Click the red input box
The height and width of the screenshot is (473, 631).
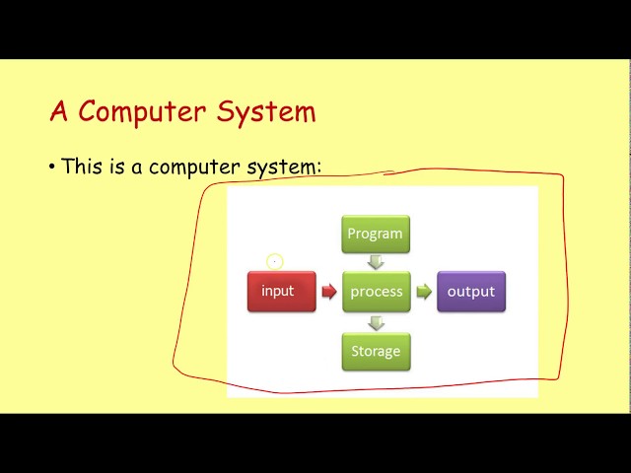pos(281,292)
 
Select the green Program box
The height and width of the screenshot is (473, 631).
pos(376,234)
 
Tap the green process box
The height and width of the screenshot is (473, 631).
pos(376,292)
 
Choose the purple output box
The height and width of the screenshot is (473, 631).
pos(470,292)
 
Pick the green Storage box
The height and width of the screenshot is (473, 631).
pos(376,351)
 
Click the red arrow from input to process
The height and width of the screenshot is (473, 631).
pos(329,292)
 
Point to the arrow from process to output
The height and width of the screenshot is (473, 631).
pos(423,292)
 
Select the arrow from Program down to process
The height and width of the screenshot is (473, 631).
pos(376,262)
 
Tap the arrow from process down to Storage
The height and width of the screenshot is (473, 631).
pos(376,321)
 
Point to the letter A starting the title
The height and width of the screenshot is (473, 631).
pos(58,111)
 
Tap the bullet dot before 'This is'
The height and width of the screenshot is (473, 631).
pos(51,167)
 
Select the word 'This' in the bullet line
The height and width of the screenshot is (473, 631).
pos(81,167)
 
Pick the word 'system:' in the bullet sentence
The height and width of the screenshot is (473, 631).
pos(287,168)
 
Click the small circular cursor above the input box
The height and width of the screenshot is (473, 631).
pos(274,261)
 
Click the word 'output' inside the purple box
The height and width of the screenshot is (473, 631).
pos(470,292)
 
